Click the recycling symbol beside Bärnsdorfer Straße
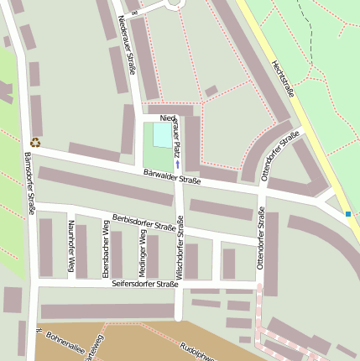35,143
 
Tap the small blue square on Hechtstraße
348,214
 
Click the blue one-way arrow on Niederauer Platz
177,165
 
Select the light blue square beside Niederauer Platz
160,134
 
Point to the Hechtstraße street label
283,81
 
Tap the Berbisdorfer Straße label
148,222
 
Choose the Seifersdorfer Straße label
145,285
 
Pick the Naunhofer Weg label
71,246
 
